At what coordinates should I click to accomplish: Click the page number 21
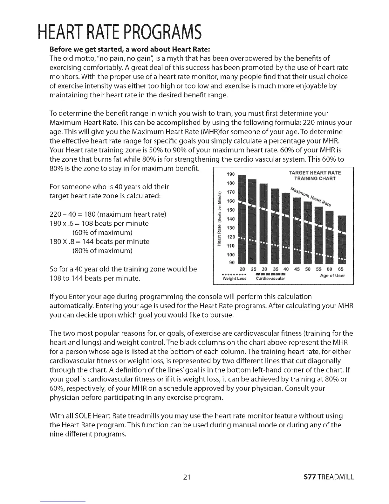187,477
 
